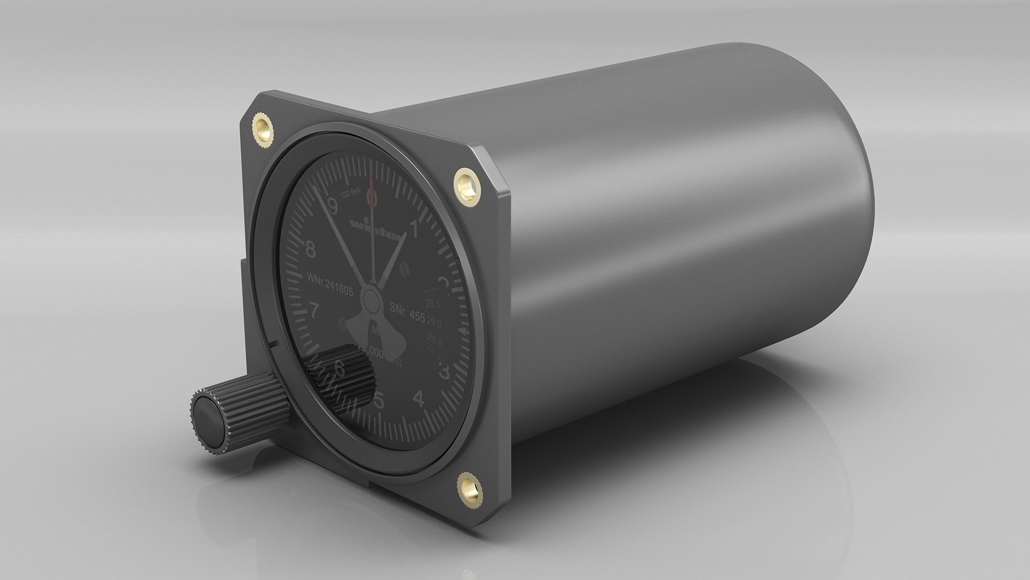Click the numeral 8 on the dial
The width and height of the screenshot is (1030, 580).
point(310,249)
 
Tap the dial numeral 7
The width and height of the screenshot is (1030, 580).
point(315,310)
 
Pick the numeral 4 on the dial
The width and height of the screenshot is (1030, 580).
point(420,399)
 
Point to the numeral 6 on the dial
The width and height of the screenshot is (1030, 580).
point(339,369)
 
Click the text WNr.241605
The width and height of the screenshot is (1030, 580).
point(329,278)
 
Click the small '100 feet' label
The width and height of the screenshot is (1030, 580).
point(354,195)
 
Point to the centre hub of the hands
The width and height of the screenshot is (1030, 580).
point(369,296)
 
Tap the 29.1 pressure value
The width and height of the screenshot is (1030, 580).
point(432,305)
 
